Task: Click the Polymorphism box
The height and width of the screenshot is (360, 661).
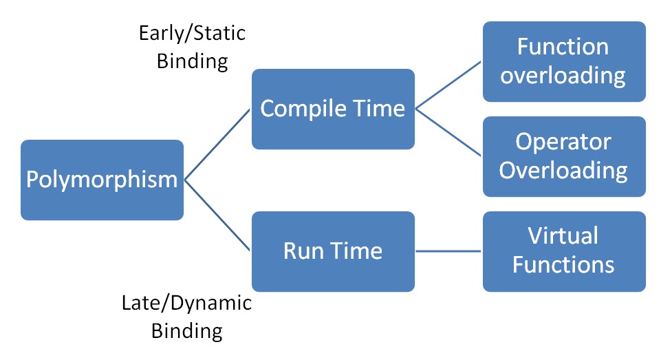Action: coord(102,180)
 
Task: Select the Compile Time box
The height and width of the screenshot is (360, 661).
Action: coord(333,109)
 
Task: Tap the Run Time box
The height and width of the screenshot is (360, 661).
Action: coord(333,251)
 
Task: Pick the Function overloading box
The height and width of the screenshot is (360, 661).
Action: coord(563,61)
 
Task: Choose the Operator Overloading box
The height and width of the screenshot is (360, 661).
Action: coord(563,156)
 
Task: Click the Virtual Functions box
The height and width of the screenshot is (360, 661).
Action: coord(563,251)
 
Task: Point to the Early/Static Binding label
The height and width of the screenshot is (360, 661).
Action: coord(192,47)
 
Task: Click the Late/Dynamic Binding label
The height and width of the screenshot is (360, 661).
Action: coord(186,316)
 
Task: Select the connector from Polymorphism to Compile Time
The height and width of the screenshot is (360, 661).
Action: coord(217,144)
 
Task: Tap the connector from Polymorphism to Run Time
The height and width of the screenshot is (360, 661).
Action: coord(217,215)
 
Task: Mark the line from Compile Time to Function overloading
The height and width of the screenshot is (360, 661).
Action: coord(449,85)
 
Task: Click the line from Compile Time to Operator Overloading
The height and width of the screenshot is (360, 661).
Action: coord(449,132)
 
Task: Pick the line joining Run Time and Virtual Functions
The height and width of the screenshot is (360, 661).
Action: coord(448,251)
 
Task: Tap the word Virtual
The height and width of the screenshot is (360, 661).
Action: coord(563,236)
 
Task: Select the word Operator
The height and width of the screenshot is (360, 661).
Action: coord(563,142)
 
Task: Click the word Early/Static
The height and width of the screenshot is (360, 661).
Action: coord(192,33)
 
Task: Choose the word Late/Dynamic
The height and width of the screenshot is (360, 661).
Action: coord(186,302)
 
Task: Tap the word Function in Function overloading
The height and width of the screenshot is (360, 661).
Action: coord(563,47)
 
